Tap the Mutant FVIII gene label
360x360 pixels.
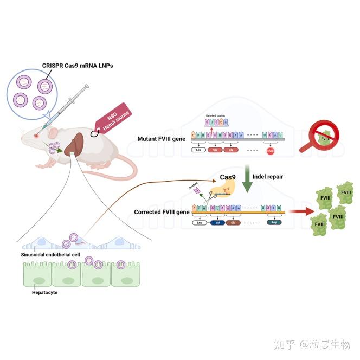[x=161, y=139]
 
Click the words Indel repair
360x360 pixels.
[x=271, y=176]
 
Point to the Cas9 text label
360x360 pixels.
[x=228, y=177]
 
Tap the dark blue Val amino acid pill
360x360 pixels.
[x=218, y=222]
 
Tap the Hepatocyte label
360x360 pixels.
[x=44, y=292]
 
